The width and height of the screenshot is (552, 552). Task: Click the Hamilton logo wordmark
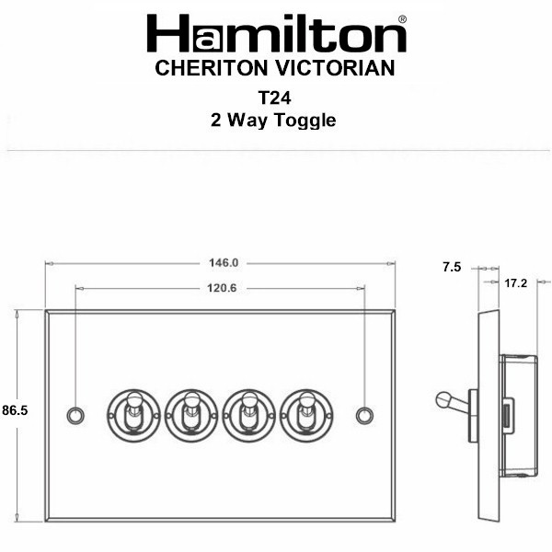tap(276, 33)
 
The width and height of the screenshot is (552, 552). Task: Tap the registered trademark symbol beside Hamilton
tap(402, 19)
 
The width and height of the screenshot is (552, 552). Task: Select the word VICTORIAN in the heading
tap(335, 68)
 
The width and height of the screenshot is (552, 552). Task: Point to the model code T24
tap(274, 98)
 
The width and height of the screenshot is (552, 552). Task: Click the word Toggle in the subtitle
tap(305, 121)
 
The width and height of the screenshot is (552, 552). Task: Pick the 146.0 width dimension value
tap(224, 263)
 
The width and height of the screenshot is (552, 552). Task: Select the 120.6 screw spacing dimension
tap(222, 288)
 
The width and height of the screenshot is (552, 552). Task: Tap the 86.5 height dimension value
tap(15, 410)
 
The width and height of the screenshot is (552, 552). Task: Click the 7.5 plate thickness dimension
tap(452, 267)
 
